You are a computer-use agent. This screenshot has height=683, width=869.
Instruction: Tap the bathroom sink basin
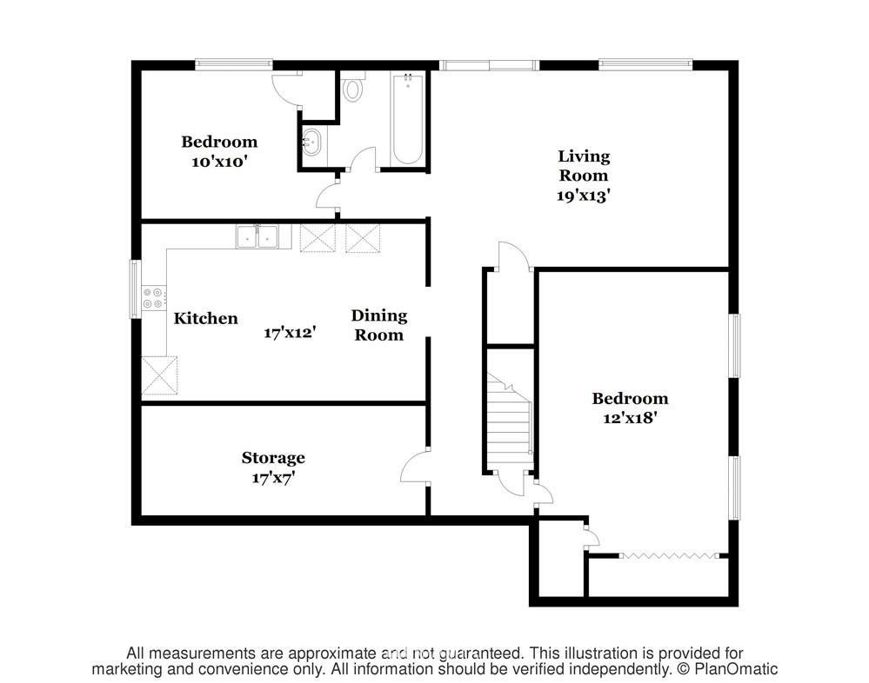click(x=311, y=142)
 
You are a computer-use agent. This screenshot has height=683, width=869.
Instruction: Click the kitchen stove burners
click(x=153, y=297)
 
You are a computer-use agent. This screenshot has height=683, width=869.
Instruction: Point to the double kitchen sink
click(x=257, y=236)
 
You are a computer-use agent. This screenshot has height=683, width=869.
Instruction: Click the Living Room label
click(x=584, y=165)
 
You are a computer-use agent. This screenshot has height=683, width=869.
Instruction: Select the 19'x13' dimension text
click(x=584, y=195)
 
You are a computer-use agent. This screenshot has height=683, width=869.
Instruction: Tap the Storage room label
click(x=273, y=458)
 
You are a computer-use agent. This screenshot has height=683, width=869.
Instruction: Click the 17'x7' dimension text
click(x=273, y=477)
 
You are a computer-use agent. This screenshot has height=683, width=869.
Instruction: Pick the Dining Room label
click(x=379, y=325)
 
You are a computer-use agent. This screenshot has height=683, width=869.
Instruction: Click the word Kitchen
click(x=205, y=318)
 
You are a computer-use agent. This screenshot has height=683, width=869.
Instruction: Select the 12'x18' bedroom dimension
click(x=630, y=417)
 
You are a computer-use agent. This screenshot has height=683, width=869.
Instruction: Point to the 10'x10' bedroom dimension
click(x=219, y=162)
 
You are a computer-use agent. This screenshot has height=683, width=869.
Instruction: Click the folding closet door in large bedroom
click(x=669, y=555)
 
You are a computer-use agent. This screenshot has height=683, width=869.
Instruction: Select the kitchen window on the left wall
click(x=135, y=288)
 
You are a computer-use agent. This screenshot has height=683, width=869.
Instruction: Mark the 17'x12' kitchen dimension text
click(x=290, y=333)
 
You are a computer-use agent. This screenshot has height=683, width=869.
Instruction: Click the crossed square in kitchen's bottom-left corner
click(x=159, y=375)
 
